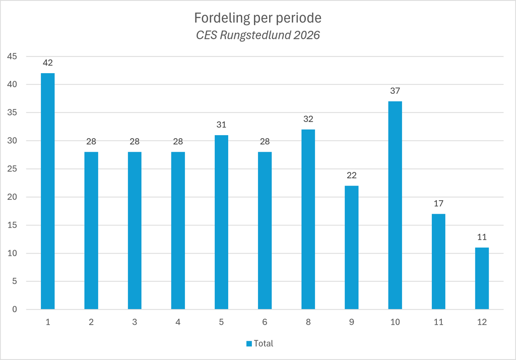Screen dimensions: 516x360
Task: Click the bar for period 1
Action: [x=48, y=191]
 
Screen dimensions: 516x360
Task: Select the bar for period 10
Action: [x=395, y=205]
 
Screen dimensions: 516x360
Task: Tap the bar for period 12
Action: [x=482, y=278]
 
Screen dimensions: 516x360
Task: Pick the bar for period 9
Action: [x=351, y=248]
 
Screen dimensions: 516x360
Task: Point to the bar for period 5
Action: [x=222, y=222]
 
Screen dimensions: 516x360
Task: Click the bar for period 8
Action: [x=308, y=219]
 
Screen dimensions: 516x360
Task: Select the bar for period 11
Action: [x=438, y=262]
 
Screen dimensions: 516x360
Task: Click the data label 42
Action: [x=48, y=63]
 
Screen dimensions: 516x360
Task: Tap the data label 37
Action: [x=395, y=91]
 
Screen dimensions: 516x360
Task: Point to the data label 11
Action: [x=482, y=237]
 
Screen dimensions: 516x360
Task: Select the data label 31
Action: [x=222, y=125]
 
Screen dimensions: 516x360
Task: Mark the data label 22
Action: [x=351, y=175]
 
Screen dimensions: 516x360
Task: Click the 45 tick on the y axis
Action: [x=12, y=56]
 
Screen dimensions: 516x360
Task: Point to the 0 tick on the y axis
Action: [x=15, y=309]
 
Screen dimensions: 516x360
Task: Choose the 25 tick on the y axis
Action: [x=12, y=168]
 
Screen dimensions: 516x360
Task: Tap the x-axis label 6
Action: [x=265, y=322]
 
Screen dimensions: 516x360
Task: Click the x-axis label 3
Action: [x=135, y=322]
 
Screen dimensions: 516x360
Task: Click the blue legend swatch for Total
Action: [x=249, y=343]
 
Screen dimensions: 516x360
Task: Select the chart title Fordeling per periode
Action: [x=257, y=18]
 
